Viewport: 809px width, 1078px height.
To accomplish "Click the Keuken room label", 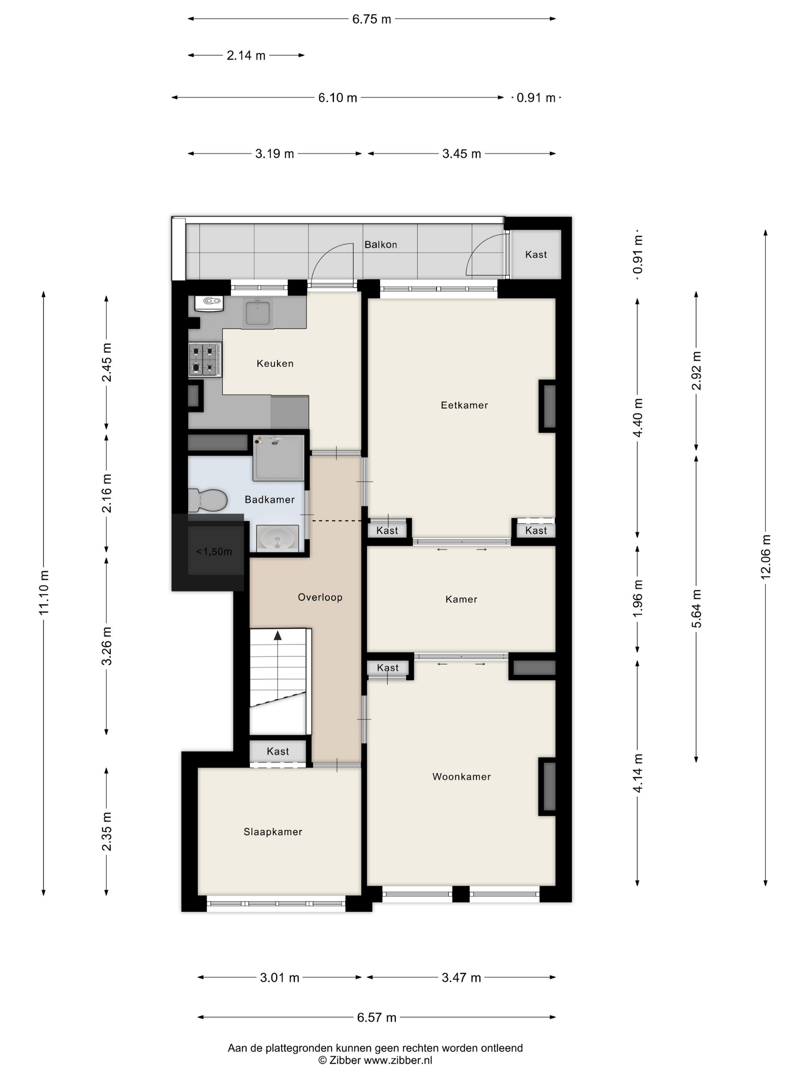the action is coord(275,363).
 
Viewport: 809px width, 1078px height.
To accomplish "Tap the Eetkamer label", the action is coord(464,405).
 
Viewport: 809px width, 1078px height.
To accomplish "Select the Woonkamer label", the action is coord(461,777).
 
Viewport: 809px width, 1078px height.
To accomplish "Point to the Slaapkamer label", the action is coord(273,832).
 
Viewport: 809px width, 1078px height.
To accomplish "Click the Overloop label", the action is coord(320,597).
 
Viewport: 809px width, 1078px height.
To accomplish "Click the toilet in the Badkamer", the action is coord(208,500).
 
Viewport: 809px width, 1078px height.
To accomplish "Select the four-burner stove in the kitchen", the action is coord(205,359).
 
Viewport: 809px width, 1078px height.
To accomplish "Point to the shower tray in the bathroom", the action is coord(279,458).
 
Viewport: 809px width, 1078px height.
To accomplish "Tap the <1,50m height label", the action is coord(214,552).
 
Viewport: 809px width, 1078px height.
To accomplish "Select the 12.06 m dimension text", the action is coord(765,557).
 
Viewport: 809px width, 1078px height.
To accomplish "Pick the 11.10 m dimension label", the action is coord(44,592).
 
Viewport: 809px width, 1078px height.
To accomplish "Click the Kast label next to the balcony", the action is coord(536,254).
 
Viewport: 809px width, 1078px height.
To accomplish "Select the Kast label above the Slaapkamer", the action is coord(278,752).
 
